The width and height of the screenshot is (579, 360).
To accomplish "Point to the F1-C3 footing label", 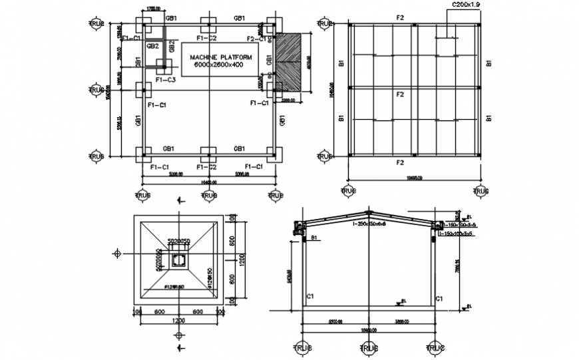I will [165, 80].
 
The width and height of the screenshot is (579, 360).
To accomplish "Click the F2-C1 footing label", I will [256, 40].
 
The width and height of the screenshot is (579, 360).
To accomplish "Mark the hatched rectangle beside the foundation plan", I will [288, 63].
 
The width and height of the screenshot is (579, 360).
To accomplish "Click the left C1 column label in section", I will [310, 297].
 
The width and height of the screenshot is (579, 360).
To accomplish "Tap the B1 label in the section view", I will [313, 237].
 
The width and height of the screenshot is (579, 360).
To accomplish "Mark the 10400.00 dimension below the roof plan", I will [414, 178].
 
